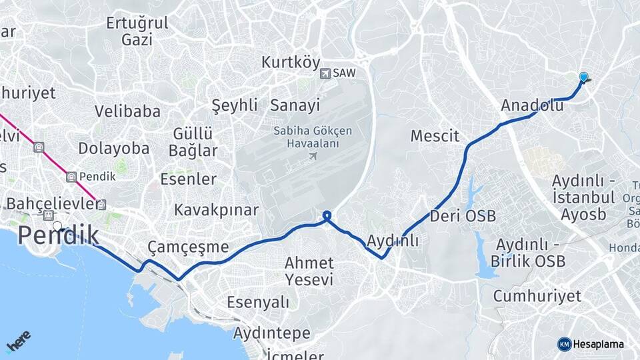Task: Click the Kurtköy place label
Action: pyautogui.click(x=291, y=63)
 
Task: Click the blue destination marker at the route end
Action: pyautogui.click(x=584, y=78)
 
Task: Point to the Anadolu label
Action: pyautogui.click(x=532, y=105)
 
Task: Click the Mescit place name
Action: pyautogui.click(x=435, y=137)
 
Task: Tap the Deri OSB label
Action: pyautogui.click(x=463, y=216)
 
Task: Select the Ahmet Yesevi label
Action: pyautogui.click(x=309, y=271)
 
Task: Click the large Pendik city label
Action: pyautogui.click(x=59, y=236)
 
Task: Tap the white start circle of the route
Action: pyautogui.click(x=57, y=227)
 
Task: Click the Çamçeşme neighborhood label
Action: pyautogui.click(x=187, y=247)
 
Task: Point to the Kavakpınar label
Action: pyautogui.click(x=216, y=210)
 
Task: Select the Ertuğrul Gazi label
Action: pyautogui.click(x=137, y=31)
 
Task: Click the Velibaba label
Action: pyautogui.click(x=127, y=111)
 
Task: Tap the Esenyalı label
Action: pyautogui.click(x=258, y=302)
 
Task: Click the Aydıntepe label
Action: pyautogui.click(x=271, y=333)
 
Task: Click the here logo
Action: pyautogui.click(x=18, y=341)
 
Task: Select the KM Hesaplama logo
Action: pyautogui.click(x=591, y=344)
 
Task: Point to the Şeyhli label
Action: pyautogui.click(x=234, y=105)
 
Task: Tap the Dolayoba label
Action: pyautogui.click(x=114, y=148)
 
